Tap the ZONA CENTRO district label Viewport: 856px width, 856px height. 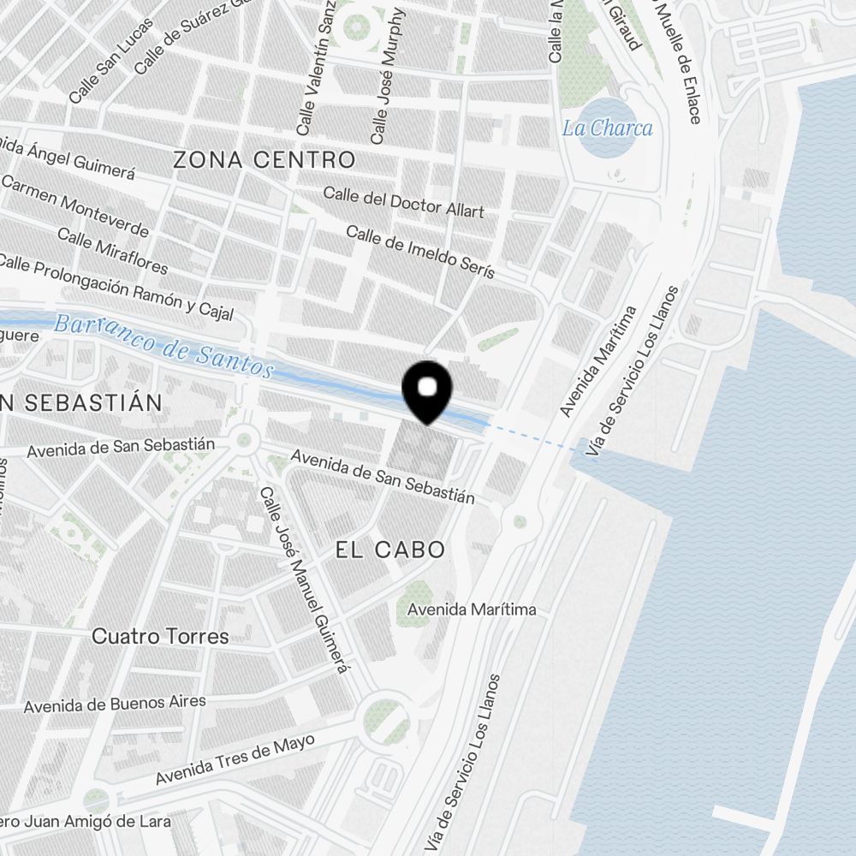tap(264, 159)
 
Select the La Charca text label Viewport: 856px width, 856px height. tap(607, 128)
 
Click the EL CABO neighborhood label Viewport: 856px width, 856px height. tap(390, 550)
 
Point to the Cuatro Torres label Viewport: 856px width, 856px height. tap(160, 636)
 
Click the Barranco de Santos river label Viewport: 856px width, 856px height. tap(163, 346)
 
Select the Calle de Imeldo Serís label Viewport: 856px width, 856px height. tap(420, 252)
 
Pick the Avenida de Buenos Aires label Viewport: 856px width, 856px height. tap(115, 704)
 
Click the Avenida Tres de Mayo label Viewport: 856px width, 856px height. tap(235, 760)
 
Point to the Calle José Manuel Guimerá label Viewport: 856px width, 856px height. tap(306, 580)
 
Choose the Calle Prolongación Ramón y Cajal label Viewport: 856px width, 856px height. tap(117, 288)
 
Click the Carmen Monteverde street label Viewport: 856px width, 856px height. tap(74, 205)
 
